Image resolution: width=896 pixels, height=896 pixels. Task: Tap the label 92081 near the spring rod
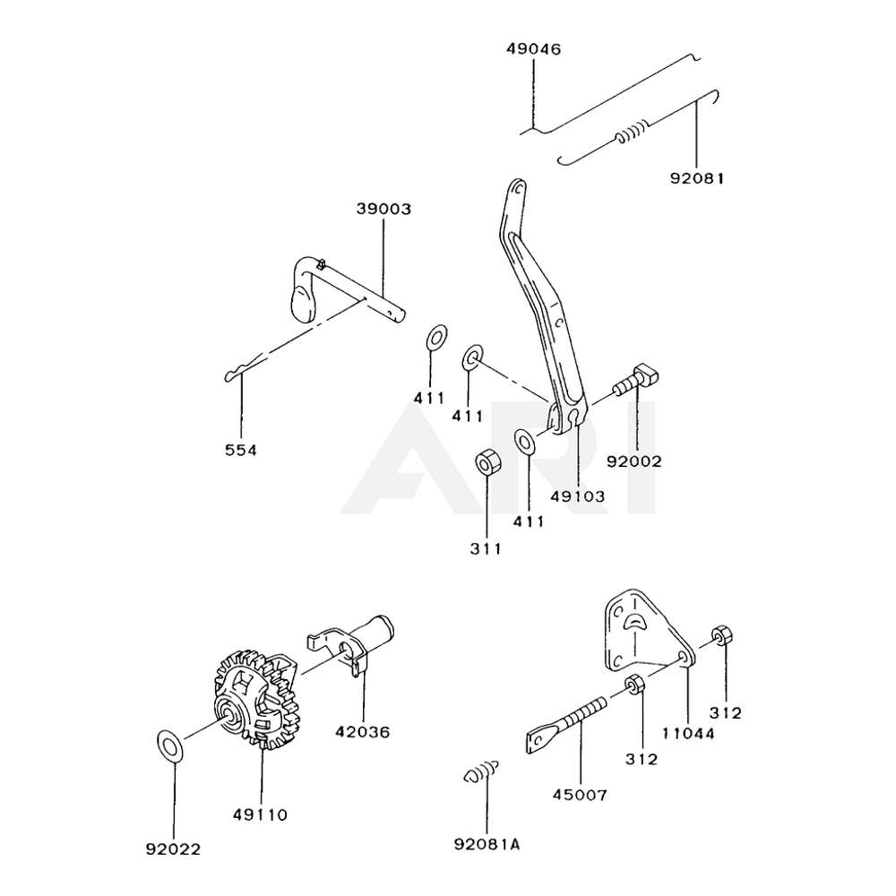point(695,178)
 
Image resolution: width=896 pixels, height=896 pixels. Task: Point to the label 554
point(241,450)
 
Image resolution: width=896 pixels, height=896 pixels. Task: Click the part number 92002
point(634,462)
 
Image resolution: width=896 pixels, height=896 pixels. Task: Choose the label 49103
point(578,495)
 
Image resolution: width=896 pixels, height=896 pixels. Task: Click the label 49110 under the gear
point(262,814)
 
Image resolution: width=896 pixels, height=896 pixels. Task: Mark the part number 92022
point(175,848)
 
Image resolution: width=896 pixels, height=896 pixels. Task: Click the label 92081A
point(487,843)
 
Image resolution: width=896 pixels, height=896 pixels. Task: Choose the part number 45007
point(581,794)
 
